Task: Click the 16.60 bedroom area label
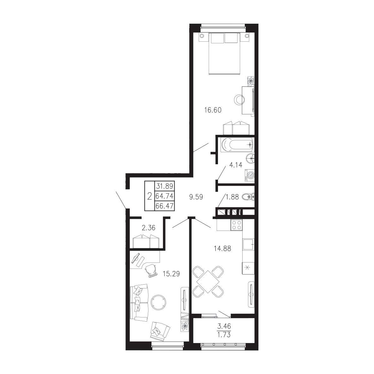click(x=213, y=110)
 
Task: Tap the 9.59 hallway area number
click(x=196, y=197)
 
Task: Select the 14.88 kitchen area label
click(x=222, y=249)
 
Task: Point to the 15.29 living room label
click(x=171, y=274)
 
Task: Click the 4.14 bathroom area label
click(x=236, y=165)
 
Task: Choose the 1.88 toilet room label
click(x=232, y=197)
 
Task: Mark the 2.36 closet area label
click(x=148, y=228)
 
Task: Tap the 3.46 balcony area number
click(x=224, y=326)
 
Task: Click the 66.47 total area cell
click(x=164, y=206)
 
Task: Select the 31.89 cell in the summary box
click(x=164, y=186)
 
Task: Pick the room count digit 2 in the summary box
click(x=149, y=196)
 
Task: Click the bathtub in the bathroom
click(x=237, y=145)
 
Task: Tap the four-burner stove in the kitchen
click(x=236, y=225)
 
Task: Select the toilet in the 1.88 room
click(x=248, y=197)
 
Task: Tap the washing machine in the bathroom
click(x=250, y=176)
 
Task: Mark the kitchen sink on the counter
click(x=248, y=244)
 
